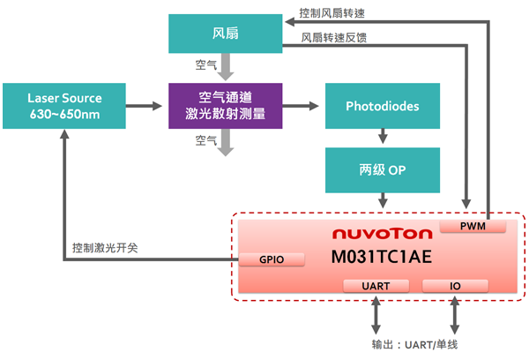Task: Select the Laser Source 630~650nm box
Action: tap(64, 107)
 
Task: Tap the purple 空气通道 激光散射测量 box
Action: tap(225, 107)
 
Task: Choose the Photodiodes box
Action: tap(383, 107)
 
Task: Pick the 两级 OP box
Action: tap(383, 169)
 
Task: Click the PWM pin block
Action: tap(473, 228)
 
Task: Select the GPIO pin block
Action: tap(271, 259)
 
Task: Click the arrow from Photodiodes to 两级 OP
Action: tap(383, 138)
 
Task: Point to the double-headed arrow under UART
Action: tap(376, 313)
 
